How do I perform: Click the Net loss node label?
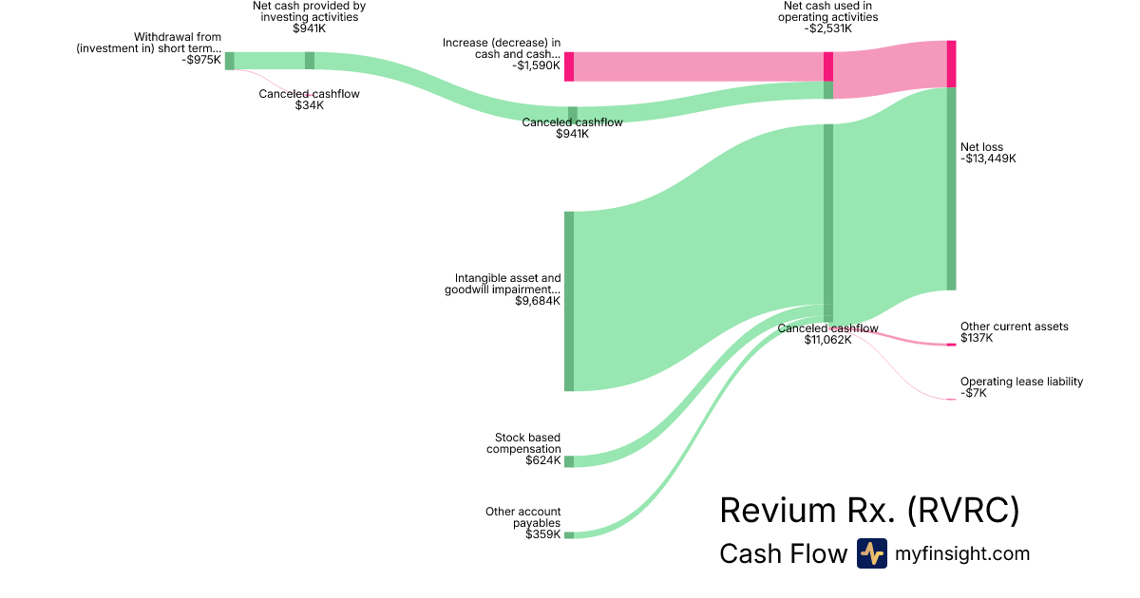click(x=981, y=147)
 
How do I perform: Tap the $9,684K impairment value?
click(x=537, y=301)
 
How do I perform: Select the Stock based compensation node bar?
click(x=569, y=461)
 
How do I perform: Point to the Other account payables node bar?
click(x=569, y=535)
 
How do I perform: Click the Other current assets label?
click(x=1014, y=327)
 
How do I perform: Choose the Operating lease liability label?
click(x=1021, y=382)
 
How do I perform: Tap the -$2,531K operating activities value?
click(x=827, y=28)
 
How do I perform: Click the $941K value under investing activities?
click(x=309, y=28)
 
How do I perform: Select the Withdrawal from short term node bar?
click(x=229, y=61)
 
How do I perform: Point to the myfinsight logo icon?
click(x=871, y=553)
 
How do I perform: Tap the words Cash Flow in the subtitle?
click(x=783, y=553)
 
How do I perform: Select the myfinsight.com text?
click(x=961, y=553)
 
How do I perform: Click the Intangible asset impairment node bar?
click(x=569, y=301)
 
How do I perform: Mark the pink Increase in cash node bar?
click(x=569, y=66)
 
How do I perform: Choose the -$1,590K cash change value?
click(x=536, y=65)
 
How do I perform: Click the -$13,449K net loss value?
click(x=988, y=159)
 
